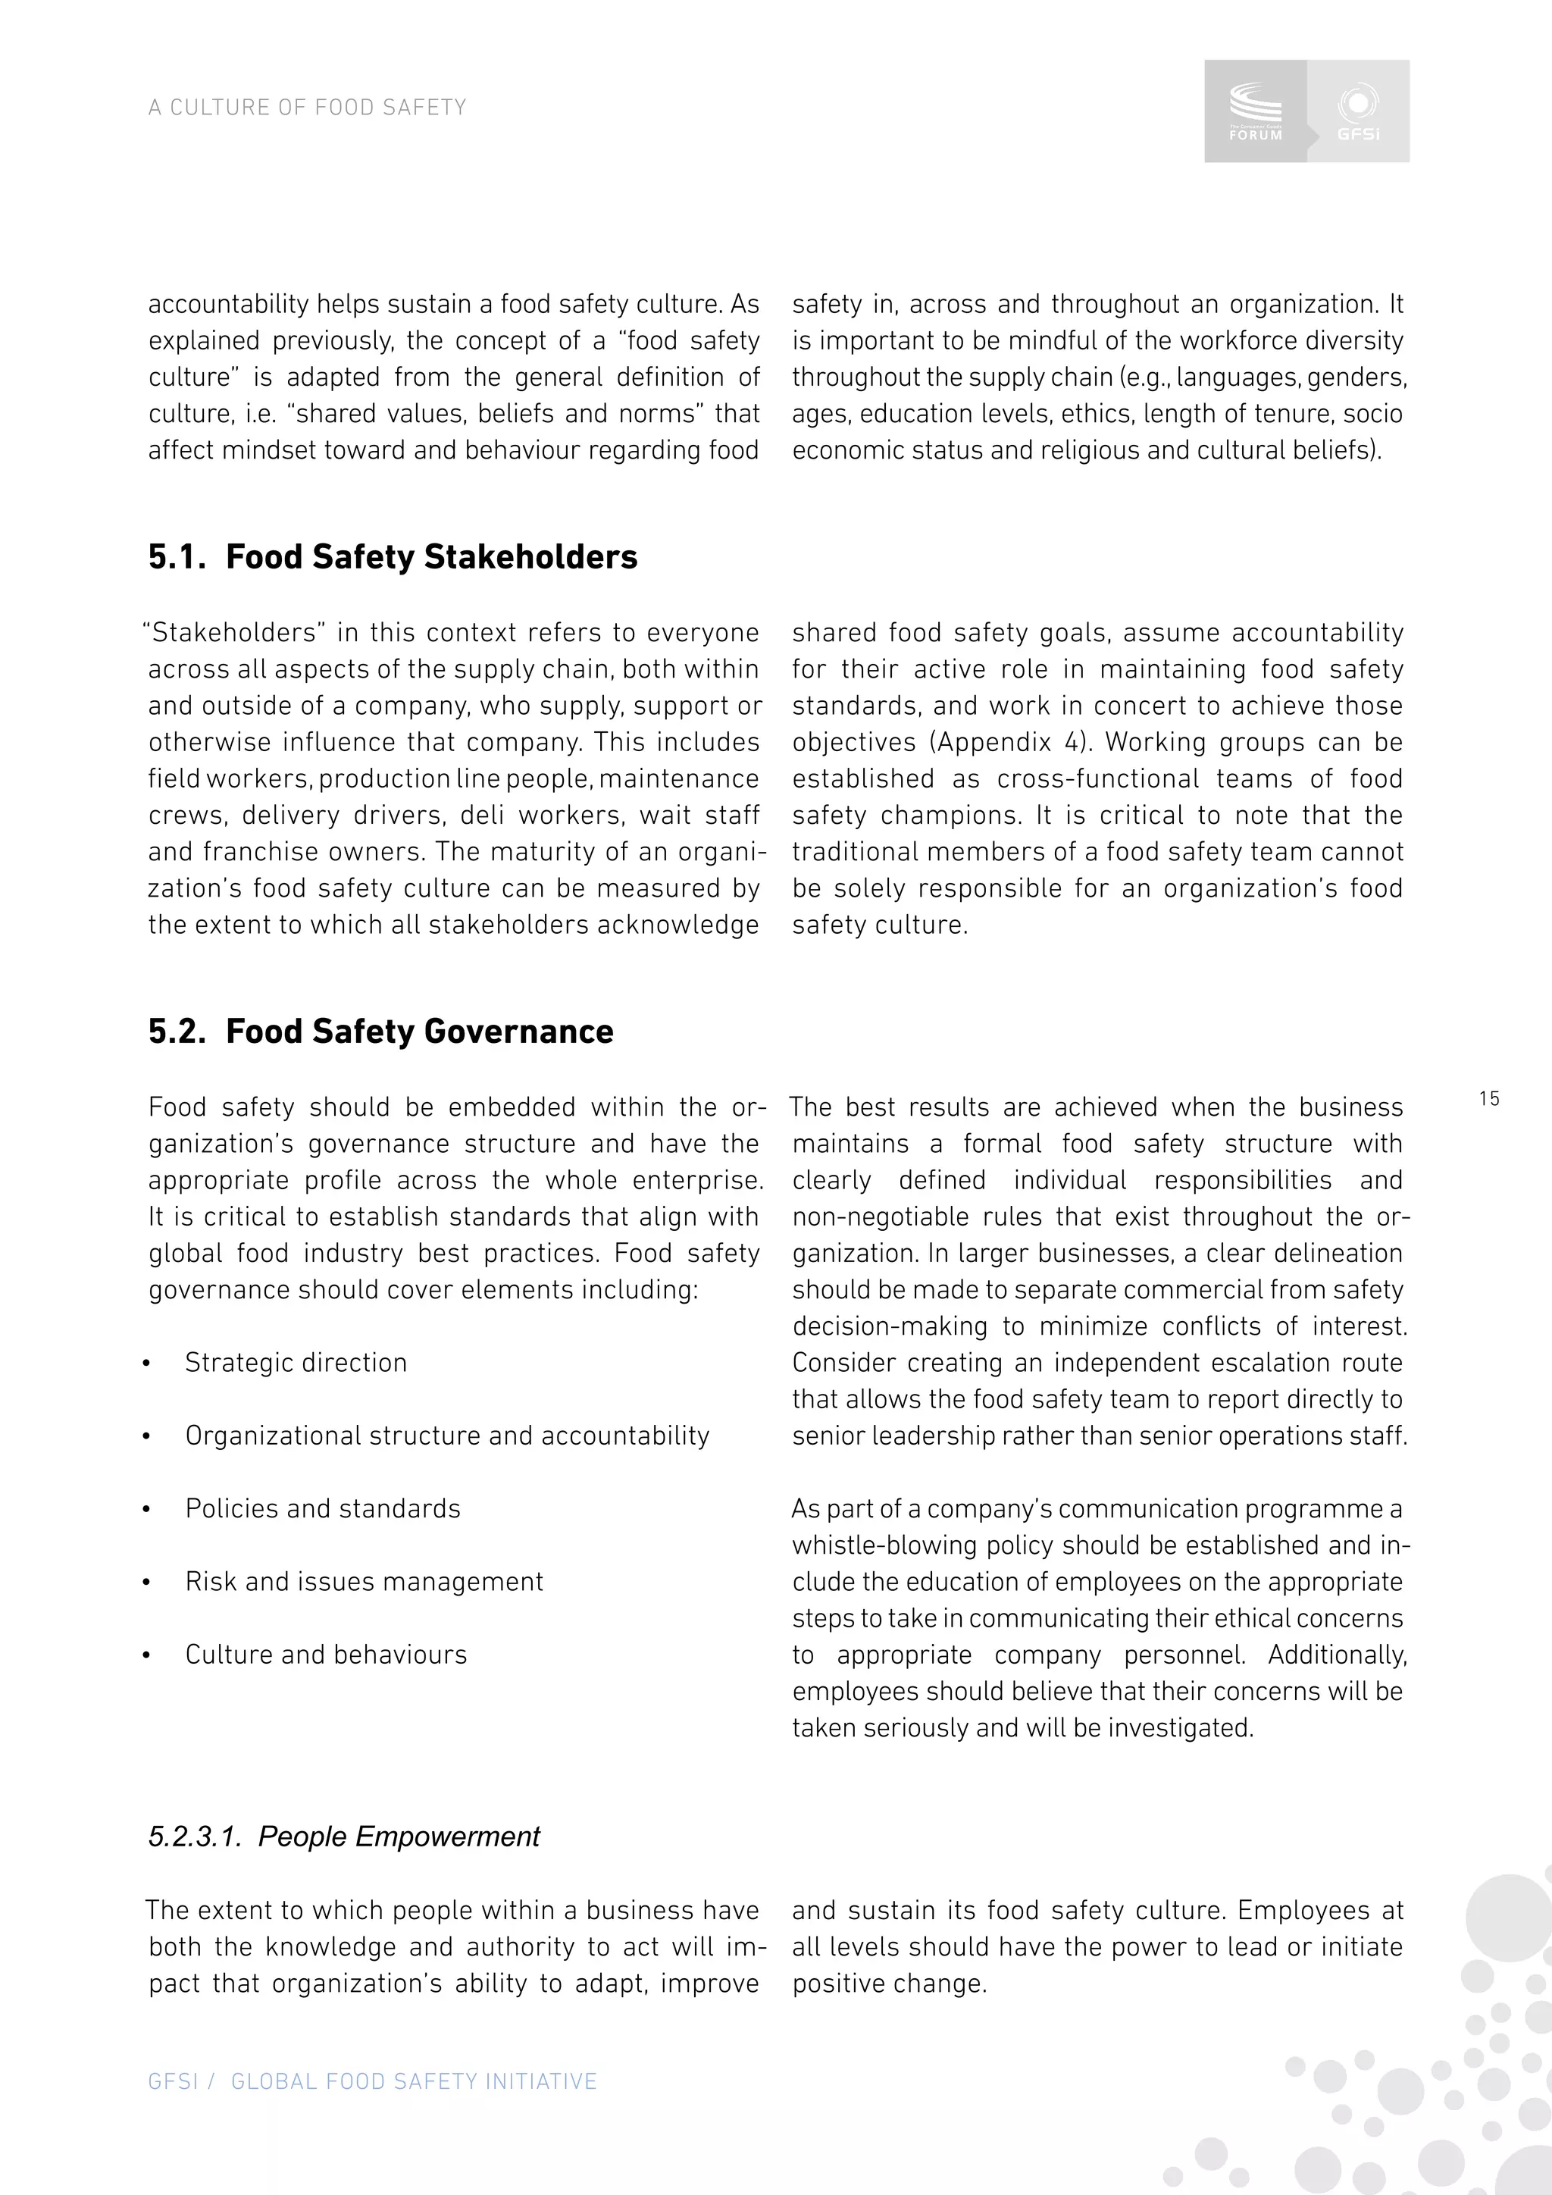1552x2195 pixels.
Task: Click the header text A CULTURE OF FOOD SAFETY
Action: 307,107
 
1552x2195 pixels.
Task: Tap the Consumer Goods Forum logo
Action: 1256,111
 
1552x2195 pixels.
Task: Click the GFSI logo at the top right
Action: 1358,111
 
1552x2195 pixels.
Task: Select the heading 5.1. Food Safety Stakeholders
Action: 392,557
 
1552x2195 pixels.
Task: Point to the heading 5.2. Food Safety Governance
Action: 380,1032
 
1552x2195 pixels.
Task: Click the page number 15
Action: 1489,1098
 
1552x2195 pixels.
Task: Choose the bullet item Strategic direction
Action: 296,1362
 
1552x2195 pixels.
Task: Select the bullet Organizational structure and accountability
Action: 446,1435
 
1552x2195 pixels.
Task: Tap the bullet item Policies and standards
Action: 322,1508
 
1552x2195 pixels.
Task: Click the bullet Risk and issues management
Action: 363,1581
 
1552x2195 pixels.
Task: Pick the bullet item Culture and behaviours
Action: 326,1655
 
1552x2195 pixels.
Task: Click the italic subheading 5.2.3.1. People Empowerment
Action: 344,1836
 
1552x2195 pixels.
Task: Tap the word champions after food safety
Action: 937,816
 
